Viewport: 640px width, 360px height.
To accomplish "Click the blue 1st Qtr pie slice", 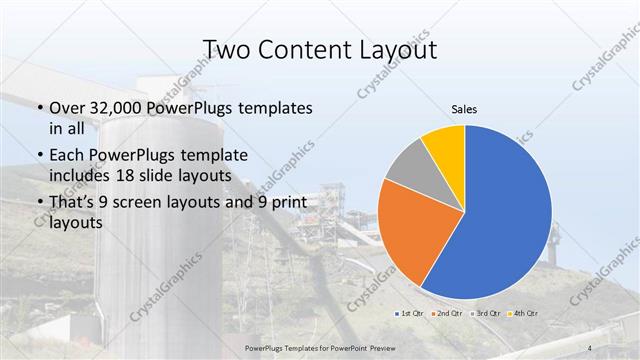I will (505, 215).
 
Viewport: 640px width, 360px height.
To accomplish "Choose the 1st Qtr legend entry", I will (411, 312).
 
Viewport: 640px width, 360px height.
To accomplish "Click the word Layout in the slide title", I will (386, 49).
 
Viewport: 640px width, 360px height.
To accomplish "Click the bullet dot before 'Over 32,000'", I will (39, 108).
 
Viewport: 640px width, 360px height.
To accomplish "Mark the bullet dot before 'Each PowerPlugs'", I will (39, 156).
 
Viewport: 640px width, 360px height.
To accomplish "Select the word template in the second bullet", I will (213, 155).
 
